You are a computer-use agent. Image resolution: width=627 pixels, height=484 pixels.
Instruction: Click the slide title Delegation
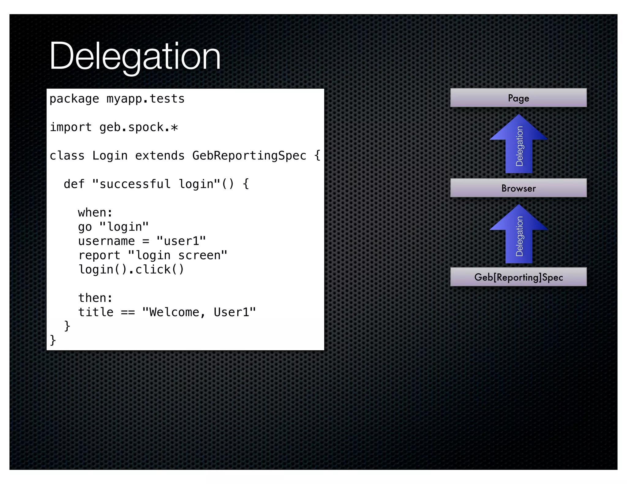135,57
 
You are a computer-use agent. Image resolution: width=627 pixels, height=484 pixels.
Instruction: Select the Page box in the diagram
518,98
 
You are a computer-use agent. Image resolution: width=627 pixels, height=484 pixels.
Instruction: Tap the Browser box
518,188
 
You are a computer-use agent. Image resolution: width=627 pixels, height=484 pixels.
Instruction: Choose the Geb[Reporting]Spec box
518,277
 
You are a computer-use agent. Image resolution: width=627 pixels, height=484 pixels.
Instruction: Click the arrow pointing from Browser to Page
519,144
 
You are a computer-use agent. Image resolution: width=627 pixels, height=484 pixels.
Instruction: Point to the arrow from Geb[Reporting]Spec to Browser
519,234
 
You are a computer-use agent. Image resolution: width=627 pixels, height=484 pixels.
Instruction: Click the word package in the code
74,99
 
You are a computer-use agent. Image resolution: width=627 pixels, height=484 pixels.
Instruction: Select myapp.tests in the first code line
145,99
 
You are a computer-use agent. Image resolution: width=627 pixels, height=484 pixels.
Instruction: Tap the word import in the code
71,127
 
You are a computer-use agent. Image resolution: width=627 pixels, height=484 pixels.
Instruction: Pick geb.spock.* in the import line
138,127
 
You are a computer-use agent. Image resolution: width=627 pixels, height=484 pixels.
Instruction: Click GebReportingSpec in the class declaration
249,156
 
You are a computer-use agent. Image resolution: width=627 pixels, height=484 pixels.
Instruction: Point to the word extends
160,156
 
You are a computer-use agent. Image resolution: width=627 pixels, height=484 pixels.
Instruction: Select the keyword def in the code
74,184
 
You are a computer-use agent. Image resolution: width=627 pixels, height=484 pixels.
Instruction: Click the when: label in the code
95,213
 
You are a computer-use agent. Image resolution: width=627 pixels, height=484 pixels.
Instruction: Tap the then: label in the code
95,298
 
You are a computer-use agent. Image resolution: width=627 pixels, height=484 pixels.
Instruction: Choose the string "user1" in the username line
181,241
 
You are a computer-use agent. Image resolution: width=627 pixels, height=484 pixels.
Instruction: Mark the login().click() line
131,270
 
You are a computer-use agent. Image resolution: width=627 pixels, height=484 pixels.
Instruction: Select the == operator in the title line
128,312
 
